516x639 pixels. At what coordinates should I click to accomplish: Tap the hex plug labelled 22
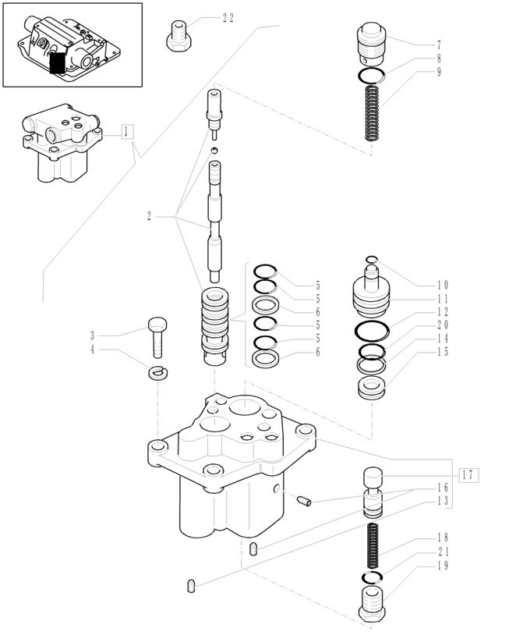[x=178, y=36]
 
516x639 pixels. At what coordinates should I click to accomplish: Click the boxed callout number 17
[x=468, y=474]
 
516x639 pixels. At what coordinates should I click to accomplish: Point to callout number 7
[x=440, y=45]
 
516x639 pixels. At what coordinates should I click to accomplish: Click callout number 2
[x=149, y=216]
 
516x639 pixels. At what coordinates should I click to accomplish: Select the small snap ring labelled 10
[x=373, y=260]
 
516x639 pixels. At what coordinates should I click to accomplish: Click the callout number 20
[x=442, y=325]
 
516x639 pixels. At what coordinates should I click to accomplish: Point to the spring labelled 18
[x=373, y=547]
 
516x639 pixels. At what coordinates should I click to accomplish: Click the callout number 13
[x=442, y=501]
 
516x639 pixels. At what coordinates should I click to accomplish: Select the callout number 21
[x=442, y=552]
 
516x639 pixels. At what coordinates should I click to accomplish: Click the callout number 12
[x=442, y=311]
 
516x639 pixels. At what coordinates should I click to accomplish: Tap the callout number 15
[x=442, y=351]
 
